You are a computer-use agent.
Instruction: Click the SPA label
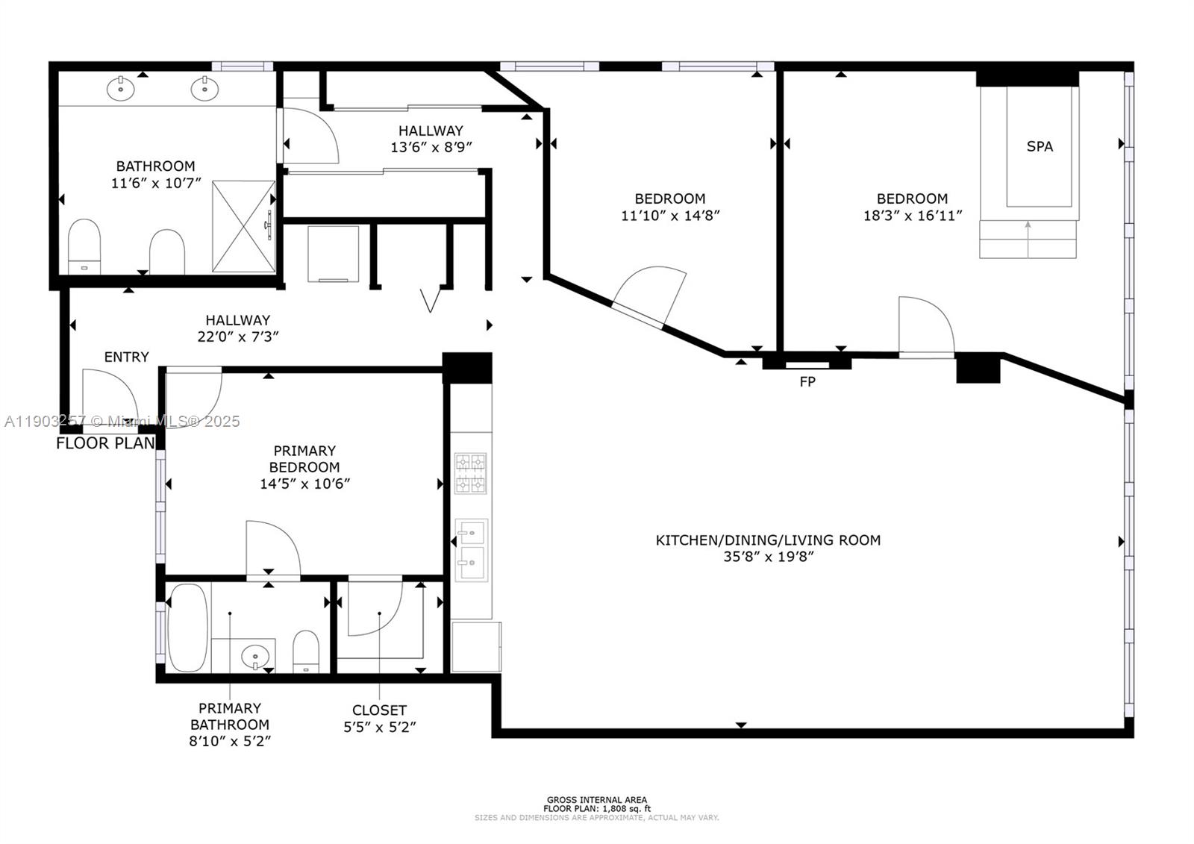point(1040,147)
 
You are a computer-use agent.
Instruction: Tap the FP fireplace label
point(807,382)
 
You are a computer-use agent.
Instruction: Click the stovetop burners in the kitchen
point(471,473)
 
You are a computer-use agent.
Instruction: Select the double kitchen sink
point(472,550)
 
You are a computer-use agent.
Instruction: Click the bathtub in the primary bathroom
point(187,628)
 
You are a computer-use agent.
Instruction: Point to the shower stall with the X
point(244,226)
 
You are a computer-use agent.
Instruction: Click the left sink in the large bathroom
point(120,88)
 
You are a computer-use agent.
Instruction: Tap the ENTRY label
point(126,357)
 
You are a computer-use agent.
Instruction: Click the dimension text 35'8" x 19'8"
point(768,557)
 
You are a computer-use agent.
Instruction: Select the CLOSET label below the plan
point(379,710)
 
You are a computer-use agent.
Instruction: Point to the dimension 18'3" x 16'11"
point(912,216)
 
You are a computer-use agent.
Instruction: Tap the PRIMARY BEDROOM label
point(304,459)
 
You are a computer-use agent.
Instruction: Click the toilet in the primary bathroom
point(306,651)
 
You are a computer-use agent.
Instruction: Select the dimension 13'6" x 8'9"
point(431,148)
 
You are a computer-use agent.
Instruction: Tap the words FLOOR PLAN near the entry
point(105,443)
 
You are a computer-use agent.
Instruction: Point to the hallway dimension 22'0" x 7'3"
point(237,337)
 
